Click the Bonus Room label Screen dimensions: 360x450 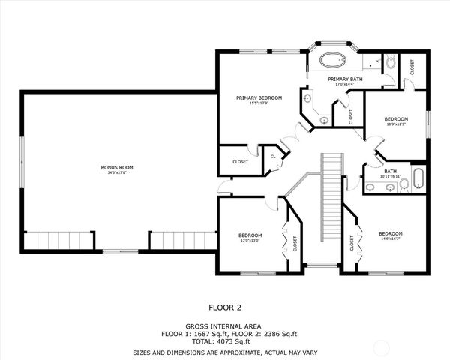click(x=117, y=167)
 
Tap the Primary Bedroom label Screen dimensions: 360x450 click(x=259, y=97)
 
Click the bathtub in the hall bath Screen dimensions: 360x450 click(x=417, y=179)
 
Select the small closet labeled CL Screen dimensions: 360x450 click(x=274, y=156)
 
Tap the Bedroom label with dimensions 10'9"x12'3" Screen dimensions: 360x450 click(x=395, y=119)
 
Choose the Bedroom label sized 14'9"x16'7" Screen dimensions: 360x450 click(x=390, y=233)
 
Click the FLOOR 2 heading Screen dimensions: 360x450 click(x=224, y=307)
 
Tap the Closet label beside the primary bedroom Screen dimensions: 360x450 click(x=240, y=161)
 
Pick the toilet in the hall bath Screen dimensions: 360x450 click(x=403, y=186)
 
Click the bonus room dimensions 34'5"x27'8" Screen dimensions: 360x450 click(x=117, y=172)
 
